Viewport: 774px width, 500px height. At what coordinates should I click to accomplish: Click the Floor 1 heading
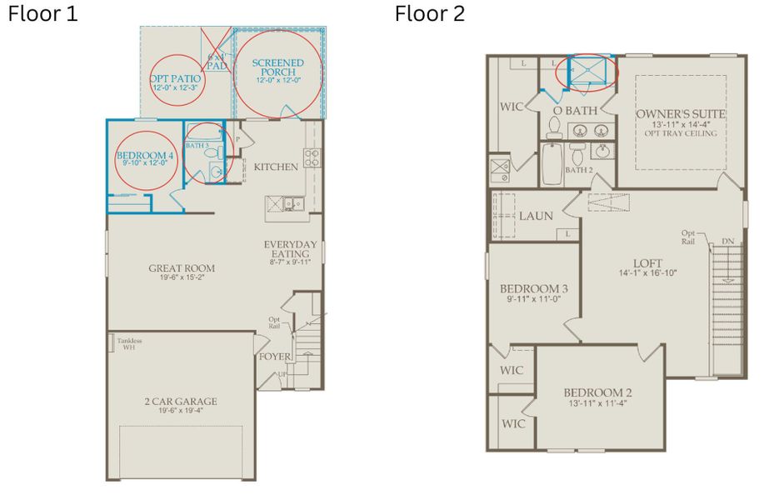[x=42, y=14]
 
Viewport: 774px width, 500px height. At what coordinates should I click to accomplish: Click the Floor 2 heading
[x=429, y=14]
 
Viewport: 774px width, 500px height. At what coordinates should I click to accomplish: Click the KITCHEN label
[x=276, y=167]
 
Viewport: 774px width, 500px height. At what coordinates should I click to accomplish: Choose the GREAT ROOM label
[x=182, y=268]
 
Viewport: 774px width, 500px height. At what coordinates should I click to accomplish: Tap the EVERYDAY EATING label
[x=291, y=248]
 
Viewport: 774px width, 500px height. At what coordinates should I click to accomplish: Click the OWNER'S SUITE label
[x=680, y=114]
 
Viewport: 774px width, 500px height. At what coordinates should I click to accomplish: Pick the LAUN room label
[x=536, y=216]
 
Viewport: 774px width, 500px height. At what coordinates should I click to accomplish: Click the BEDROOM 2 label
[x=597, y=392]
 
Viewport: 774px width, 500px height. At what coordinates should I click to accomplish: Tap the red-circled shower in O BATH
[x=589, y=72]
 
